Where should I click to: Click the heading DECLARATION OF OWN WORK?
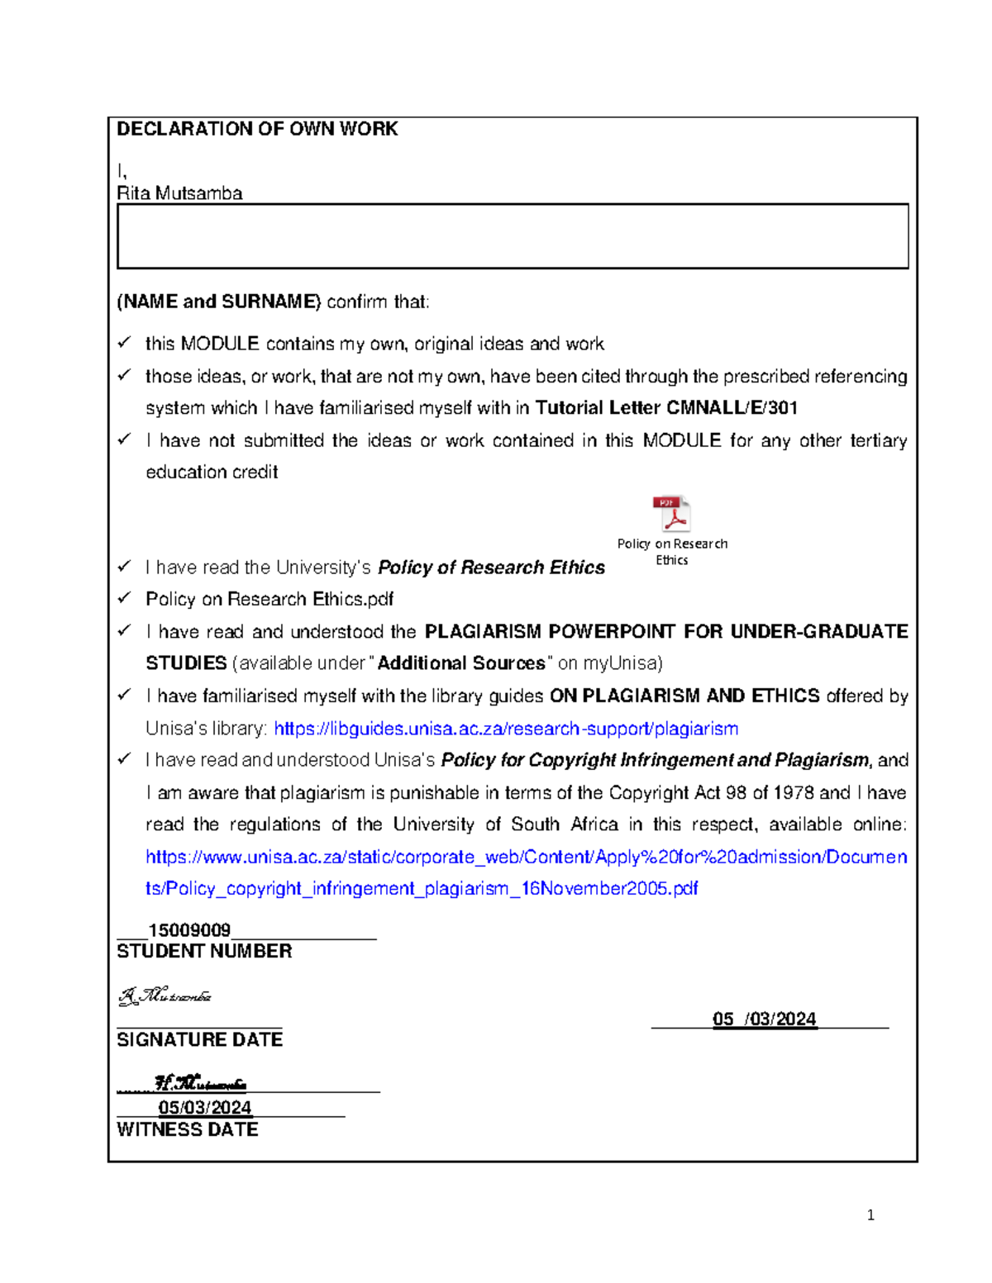257,129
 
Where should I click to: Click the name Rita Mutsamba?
179,193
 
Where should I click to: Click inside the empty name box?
513,236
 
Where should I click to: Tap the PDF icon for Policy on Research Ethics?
671,514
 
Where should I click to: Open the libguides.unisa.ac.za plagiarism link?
506,729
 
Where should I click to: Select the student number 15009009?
189,930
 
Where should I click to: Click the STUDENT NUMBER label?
204,952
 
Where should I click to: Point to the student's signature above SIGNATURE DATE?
165,996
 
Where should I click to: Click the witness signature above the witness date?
200,1083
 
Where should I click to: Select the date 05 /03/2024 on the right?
764,1019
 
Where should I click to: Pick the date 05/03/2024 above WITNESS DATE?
205,1107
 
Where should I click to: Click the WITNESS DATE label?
188,1129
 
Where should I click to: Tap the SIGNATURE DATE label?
199,1039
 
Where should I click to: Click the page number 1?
870,1214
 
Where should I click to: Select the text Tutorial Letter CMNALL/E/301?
666,408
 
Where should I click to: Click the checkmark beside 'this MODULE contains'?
125,342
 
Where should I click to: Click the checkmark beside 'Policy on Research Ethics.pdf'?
125,597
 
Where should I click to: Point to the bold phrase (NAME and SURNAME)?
219,302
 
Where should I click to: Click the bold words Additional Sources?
461,663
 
